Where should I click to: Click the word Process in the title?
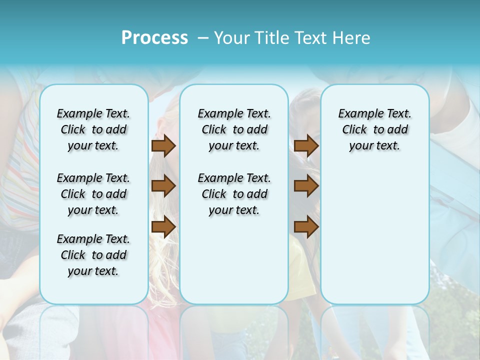coord(154,38)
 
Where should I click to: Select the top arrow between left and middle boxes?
coord(163,145)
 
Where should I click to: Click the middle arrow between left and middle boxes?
coord(163,186)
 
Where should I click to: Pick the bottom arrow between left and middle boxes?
coord(163,226)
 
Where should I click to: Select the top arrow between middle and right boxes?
coord(306,145)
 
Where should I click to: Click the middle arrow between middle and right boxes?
coord(306,186)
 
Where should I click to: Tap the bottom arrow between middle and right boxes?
coord(306,226)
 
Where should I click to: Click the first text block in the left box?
coord(93,129)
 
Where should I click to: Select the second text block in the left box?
coord(93,194)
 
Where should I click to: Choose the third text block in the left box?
coord(93,255)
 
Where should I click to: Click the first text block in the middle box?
coord(234,129)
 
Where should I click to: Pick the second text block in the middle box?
coord(234,194)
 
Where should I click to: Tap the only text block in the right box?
coord(374,129)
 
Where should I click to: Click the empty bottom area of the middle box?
coord(234,265)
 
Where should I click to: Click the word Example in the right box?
coord(357,113)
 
